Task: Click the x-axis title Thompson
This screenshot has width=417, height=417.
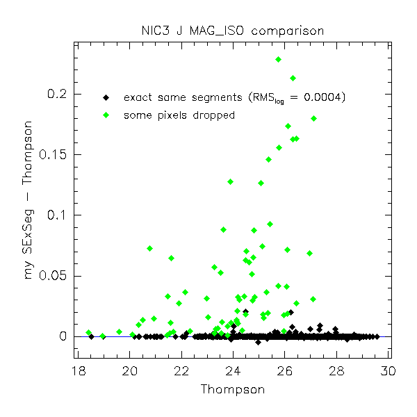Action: (232, 389)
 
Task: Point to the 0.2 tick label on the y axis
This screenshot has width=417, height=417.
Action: (56, 94)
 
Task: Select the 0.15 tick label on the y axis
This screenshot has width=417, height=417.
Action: (53, 154)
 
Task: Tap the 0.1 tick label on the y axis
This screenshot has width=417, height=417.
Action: (56, 215)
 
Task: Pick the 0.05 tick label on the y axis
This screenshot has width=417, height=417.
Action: (53, 276)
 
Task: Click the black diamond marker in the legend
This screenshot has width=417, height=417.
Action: (106, 97)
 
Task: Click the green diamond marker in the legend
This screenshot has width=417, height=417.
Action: (106, 115)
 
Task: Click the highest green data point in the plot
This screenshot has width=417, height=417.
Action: (278, 60)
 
